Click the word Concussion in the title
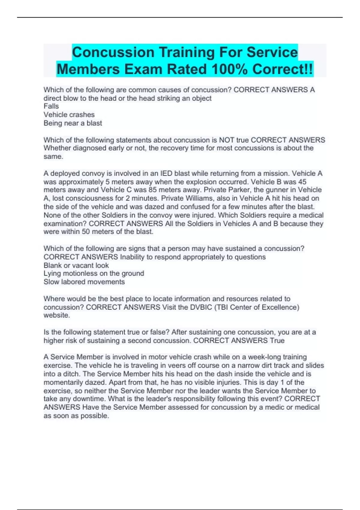pyautogui.click(x=113, y=52)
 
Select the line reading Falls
pyautogui.click(x=51, y=106)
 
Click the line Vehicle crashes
pyautogui.click(x=69, y=115)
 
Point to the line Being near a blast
pyautogui.click(x=73, y=123)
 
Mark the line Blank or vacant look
pyautogui.click(x=76, y=265)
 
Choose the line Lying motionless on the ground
pyautogui.click(x=94, y=273)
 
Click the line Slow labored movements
pyautogui.click(x=84, y=282)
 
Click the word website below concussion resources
pyautogui.click(x=57, y=315)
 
